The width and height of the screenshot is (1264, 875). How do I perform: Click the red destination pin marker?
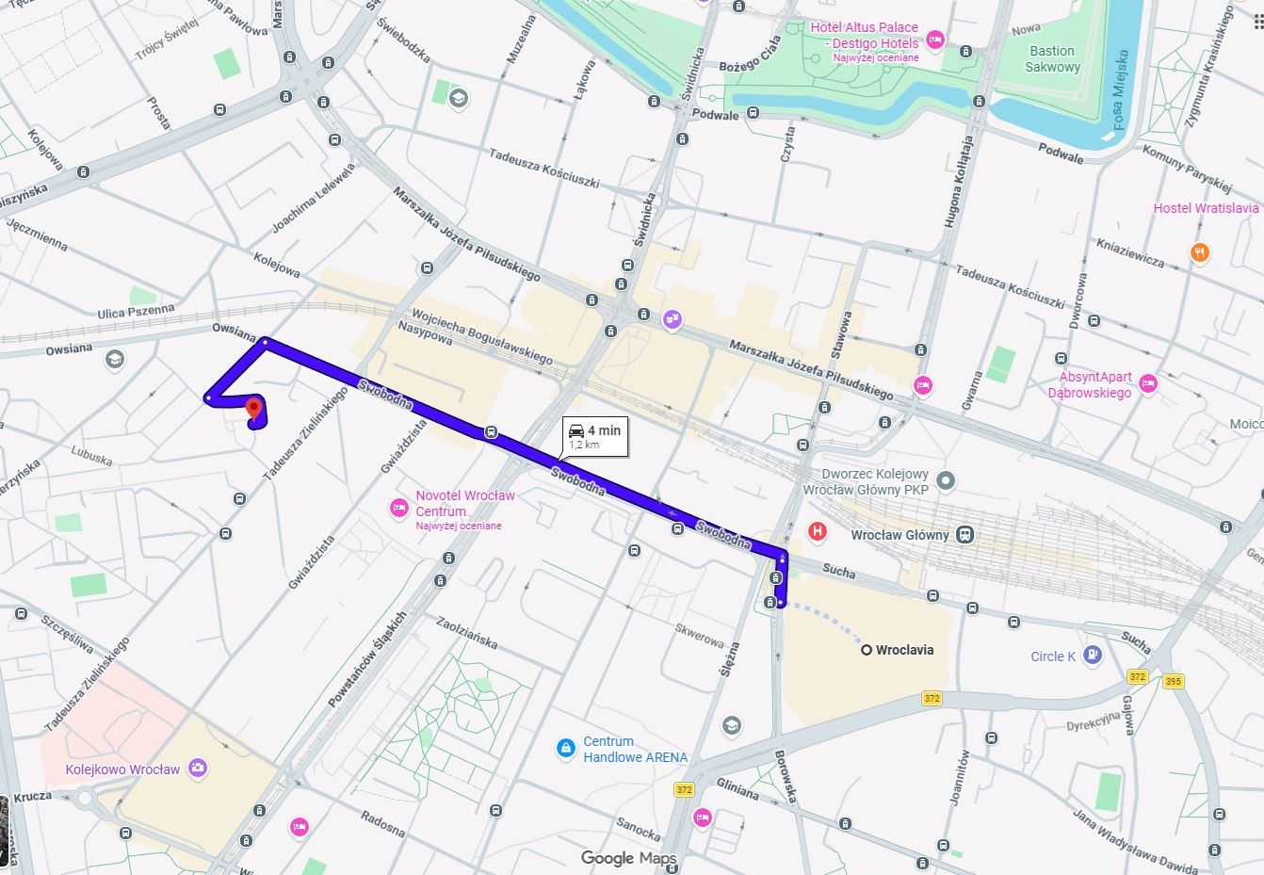252,410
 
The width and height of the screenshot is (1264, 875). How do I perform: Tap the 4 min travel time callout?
595,436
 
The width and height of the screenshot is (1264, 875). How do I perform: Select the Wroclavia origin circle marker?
866,650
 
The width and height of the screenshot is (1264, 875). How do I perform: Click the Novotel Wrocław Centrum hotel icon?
399,509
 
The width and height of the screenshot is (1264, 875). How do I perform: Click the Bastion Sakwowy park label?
1052,58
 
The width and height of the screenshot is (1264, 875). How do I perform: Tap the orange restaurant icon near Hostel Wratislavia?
1199,252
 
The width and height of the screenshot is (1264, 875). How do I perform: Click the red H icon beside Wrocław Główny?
817,532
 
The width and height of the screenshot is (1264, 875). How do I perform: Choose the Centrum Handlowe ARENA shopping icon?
565,748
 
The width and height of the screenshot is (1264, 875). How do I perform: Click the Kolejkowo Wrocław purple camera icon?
197,769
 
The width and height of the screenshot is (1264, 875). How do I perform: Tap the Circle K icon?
1092,656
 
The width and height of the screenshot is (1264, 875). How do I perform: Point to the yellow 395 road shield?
1173,681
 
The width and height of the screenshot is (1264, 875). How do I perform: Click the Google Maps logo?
628,858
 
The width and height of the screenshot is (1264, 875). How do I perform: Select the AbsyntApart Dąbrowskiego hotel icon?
1147,382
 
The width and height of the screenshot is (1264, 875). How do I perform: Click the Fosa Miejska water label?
1119,89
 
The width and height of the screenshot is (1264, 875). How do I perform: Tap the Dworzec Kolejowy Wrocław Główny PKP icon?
946,481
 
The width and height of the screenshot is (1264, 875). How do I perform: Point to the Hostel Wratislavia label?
1206,208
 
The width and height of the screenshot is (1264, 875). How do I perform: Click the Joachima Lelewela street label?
315,199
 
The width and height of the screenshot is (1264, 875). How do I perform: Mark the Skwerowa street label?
700,635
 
